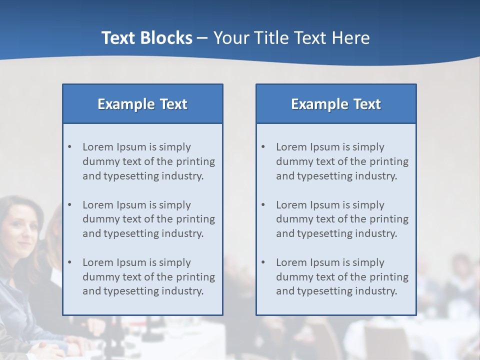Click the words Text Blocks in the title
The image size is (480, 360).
pyautogui.click(x=146, y=38)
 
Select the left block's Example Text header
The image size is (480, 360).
pyautogui.click(x=142, y=104)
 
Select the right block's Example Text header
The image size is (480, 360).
pyautogui.click(x=336, y=104)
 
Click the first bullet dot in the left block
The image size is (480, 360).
pyautogui.click(x=70, y=147)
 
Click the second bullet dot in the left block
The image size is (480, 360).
pyautogui.click(x=70, y=205)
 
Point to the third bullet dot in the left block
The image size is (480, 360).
pyautogui.click(x=70, y=262)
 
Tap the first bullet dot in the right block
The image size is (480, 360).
pyautogui.click(x=263, y=147)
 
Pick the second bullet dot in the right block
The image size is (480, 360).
pyautogui.click(x=263, y=205)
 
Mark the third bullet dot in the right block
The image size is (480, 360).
pyautogui.click(x=263, y=262)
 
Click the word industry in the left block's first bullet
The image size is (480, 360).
pyautogui.click(x=184, y=176)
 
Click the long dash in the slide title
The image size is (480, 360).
pyautogui.click(x=202, y=38)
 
